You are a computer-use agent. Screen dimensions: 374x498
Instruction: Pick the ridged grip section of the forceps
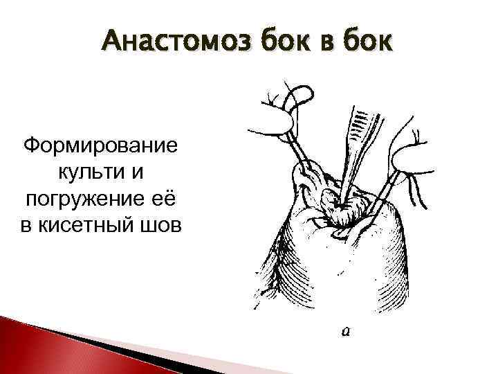(360, 125)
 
